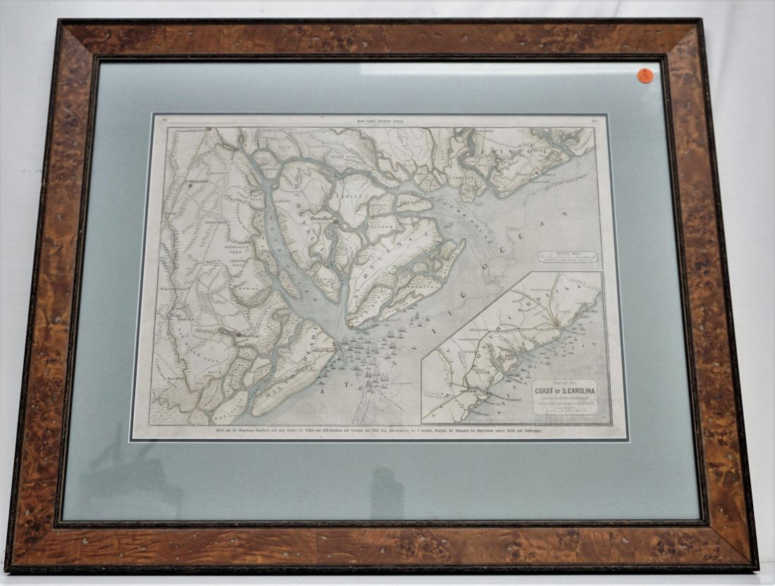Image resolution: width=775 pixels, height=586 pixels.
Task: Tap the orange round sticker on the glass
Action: tap(645, 75)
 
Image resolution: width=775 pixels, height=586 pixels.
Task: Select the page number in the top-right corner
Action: tap(593, 121)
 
